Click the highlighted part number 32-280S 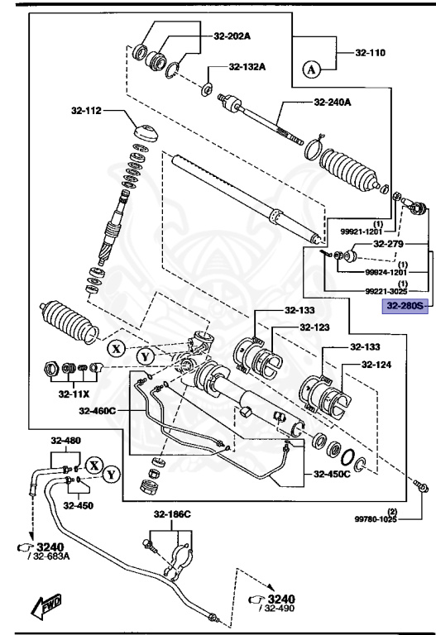tap(401, 306)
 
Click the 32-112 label tap(84, 111)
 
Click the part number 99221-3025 tap(386, 290)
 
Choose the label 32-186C tap(171, 513)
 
